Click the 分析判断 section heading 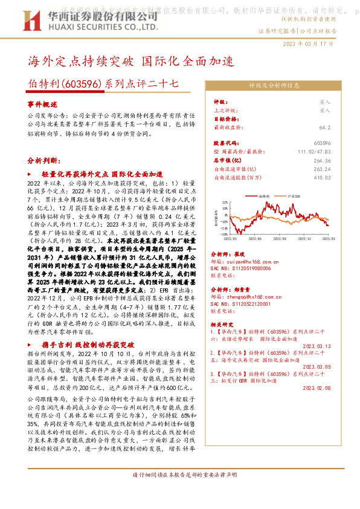[x=43, y=161]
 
